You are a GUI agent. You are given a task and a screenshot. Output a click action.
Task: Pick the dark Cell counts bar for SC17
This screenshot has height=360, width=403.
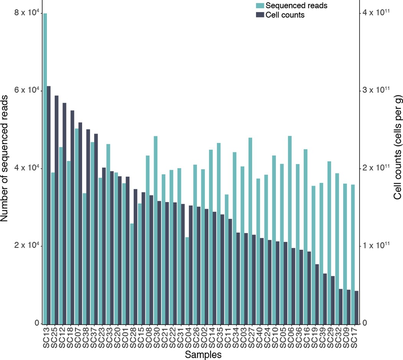coord(356,307)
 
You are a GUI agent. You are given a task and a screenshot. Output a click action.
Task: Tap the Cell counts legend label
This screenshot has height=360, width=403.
coord(285,15)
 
